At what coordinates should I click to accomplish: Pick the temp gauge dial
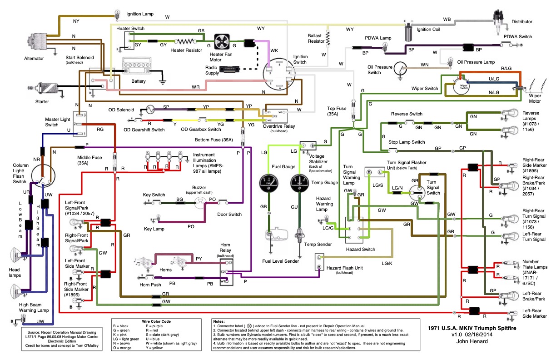click(x=299, y=181)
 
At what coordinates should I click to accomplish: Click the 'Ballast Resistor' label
click(x=316, y=38)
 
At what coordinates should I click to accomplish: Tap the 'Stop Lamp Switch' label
click(x=407, y=142)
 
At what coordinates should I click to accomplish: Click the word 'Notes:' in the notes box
click(x=219, y=321)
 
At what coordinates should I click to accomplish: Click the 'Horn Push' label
click(x=150, y=285)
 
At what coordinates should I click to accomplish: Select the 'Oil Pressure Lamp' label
click(x=476, y=62)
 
